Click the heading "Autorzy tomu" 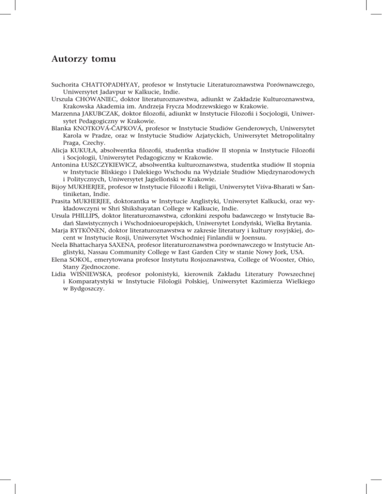pos(84,60)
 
